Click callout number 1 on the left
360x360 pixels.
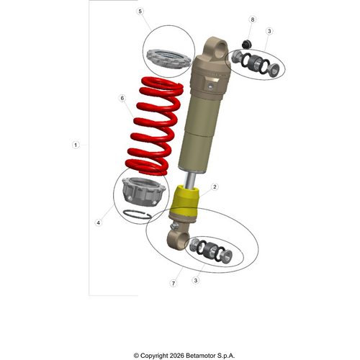tap(76, 145)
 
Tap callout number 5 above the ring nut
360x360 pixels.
tap(140, 12)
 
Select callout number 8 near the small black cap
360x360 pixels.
tap(252, 19)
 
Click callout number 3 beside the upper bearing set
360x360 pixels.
tap(269, 31)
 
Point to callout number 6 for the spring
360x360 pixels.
tap(122, 98)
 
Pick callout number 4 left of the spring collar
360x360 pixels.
tap(98, 222)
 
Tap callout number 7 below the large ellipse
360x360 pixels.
tap(173, 284)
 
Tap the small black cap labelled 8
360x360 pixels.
tap(245, 45)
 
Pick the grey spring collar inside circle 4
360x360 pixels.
tap(140, 191)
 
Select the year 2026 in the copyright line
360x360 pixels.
tap(174, 355)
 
